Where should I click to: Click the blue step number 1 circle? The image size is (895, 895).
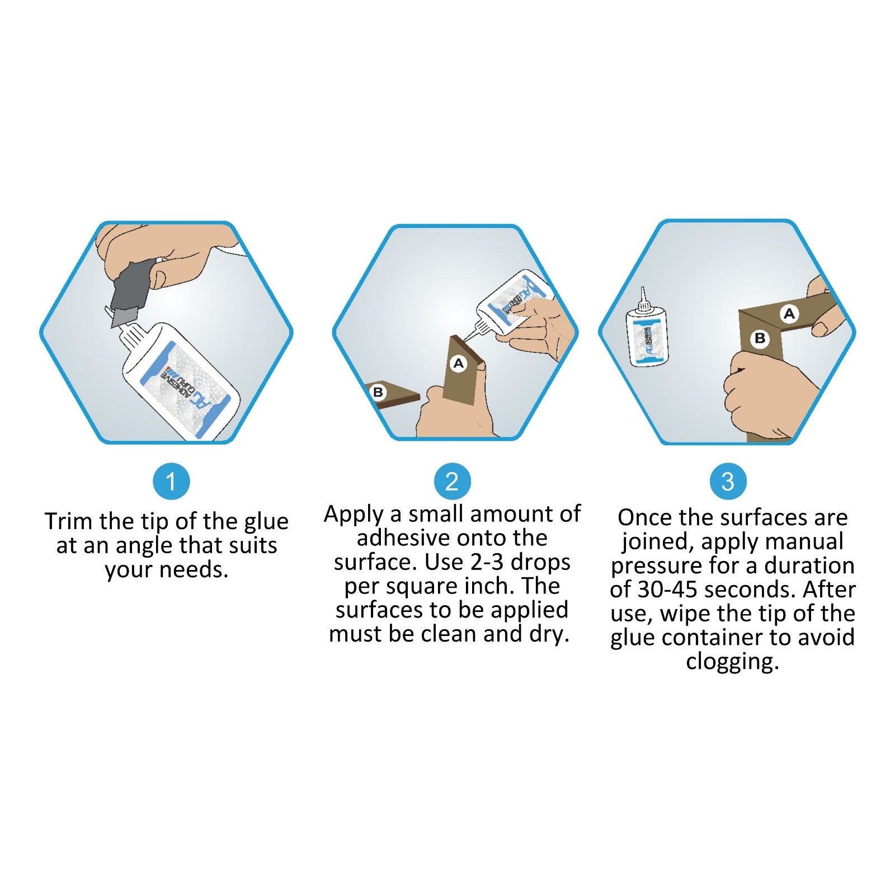[171, 481]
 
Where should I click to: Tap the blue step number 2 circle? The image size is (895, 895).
[452, 481]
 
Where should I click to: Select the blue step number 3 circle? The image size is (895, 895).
[728, 481]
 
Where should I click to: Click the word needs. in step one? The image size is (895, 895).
[195, 570]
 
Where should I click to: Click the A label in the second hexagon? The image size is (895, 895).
[459, 364]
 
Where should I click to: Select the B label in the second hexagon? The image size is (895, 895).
[378, 393]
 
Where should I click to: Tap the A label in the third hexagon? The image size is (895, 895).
[789, 314]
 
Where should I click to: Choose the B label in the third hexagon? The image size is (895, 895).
[760, 338]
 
